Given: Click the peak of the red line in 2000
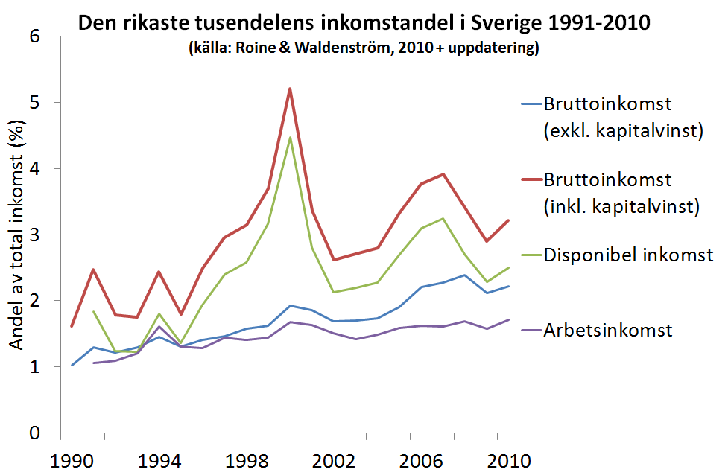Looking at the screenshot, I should point(290,89).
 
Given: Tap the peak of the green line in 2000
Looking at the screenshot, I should point(290,138).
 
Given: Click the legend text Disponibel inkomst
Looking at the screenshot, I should point(628,255).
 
